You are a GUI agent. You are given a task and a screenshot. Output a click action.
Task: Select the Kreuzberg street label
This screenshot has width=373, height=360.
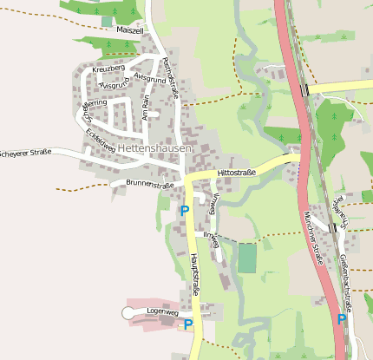108,69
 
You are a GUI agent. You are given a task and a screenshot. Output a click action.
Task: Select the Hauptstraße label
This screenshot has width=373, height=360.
195,275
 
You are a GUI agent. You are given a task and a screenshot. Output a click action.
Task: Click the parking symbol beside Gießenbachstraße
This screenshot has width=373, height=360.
341,319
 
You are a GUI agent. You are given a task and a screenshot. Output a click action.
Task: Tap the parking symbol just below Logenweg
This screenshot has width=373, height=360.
187,325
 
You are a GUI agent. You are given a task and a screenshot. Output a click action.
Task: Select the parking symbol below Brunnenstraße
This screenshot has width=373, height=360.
184,210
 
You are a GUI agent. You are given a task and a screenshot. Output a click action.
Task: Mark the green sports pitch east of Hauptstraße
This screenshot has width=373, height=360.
247,258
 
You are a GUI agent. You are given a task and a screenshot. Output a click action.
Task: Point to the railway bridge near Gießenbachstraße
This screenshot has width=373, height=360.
333,227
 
